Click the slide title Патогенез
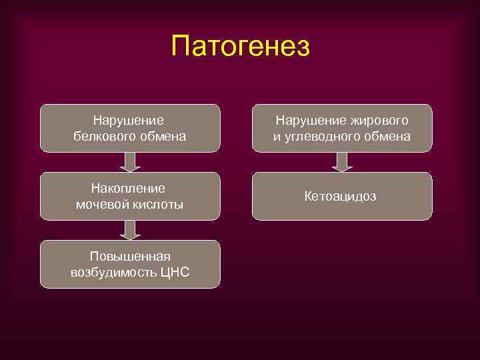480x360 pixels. (x=240, y=46)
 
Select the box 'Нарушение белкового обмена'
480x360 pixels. (x=130, y=128)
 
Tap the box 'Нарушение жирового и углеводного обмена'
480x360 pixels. (x=341, y=128)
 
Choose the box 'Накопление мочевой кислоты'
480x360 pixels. (x=130, y=196)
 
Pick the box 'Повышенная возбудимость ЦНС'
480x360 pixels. (x=130, y=264)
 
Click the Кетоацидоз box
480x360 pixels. (x=341, y=196)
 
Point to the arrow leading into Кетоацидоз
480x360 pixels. (x=342, y=162)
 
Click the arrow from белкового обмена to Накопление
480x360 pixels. (x=131, y=162)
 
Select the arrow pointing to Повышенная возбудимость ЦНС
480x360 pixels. (x=131, y=230)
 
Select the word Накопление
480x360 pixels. (x=130, y=189)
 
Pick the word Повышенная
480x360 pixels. (x=130, y=256)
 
